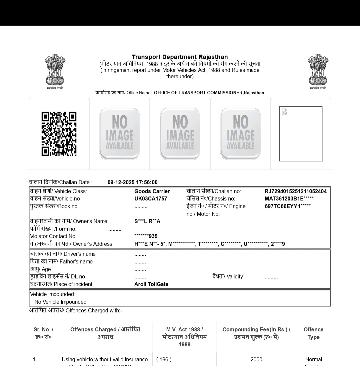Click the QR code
pyautogui.click(x=59, y=134)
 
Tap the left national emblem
pyautogui.click(x=55, y=70)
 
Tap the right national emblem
pyautogui.click(x=318, y=70)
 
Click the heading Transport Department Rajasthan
pyautogui.click(x=180, y=57)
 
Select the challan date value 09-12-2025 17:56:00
pyautogui.click(x=132, y=182)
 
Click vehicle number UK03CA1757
pyautogui.click(x=151, y=198)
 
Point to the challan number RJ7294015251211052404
pyautogui.click(x=295, y=191)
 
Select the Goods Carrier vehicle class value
pyautogui.click(x=152, y=191)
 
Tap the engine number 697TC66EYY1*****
pyautogui.click(x=288, y=206)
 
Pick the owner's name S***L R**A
pyautogui.click(x=147, y=221)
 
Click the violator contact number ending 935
pyautogui.click(x=146, y=236)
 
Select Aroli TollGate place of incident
pyautogui.click(x=151, y=284)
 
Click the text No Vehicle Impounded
pyautogui.click(x=60, y=302)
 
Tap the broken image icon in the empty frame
pyautogui.click(x=284, y=112)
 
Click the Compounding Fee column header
pyautogui.click(x=256, y=333)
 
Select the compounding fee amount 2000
pyautogui.click(x=256, y=359)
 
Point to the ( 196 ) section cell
pyautogui.click(x=164, y=359)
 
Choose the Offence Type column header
pyautogui.click(x=313, y=333)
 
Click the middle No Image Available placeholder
pyautogui.click(x=180, y=134)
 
